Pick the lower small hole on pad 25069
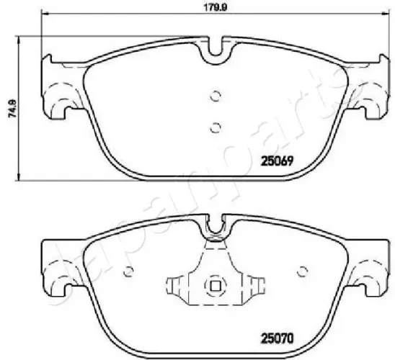(214, 127)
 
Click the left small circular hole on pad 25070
(130, 272)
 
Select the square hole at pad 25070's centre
(214, 286)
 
